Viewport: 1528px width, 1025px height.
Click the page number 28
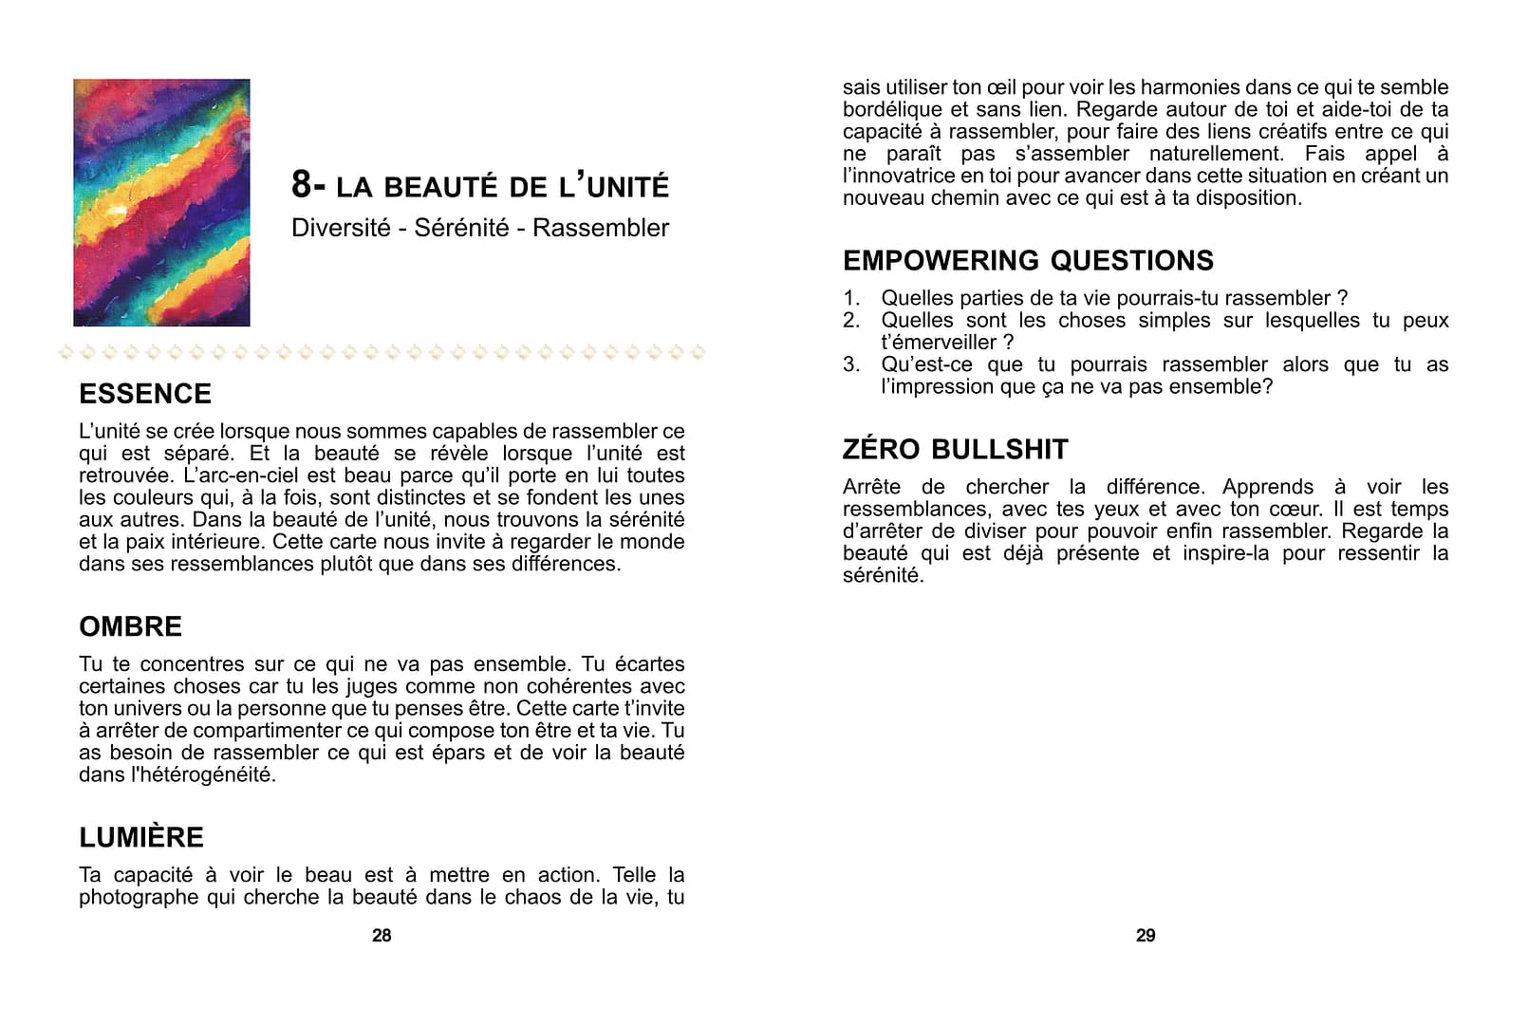point(382,936)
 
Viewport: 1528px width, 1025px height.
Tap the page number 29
point(1146,936)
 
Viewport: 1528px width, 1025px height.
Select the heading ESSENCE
point(145,394)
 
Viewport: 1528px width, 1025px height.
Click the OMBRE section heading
point(131,626)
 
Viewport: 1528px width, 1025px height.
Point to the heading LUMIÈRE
point(141,837)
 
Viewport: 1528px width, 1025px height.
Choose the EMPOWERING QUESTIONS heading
point(1028,260)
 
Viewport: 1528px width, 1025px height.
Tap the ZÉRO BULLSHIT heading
point(955,449)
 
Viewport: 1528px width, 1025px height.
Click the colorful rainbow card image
point(161,202)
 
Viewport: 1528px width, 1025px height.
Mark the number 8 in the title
point(301,184)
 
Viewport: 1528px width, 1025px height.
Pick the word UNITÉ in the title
point(627,186)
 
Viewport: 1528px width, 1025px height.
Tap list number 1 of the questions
point(851,298)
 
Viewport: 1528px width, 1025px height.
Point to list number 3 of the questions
point(851,364)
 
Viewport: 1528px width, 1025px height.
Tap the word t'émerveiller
point(940,343)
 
